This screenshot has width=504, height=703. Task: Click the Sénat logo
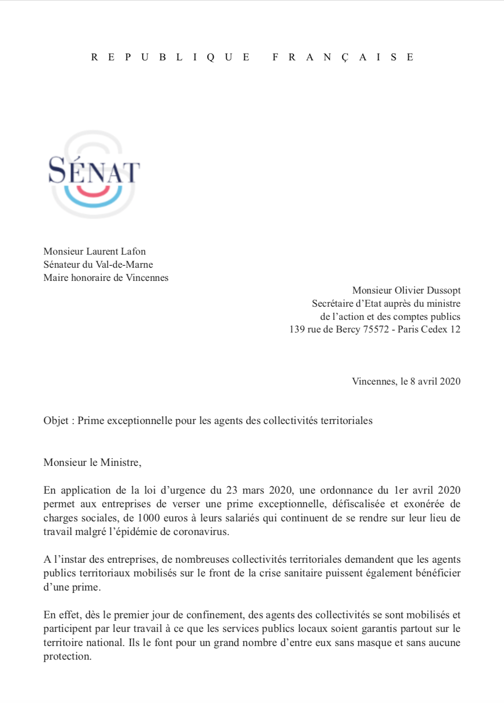tap(93, 174)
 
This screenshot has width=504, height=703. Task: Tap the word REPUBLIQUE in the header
tap(170, 57)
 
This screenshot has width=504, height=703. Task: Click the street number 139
tap(297, 330)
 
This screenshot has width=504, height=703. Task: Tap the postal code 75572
tap(376, 330)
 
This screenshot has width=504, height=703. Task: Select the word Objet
tap(56, 421)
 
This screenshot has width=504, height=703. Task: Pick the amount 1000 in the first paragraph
tap(149, 518)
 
